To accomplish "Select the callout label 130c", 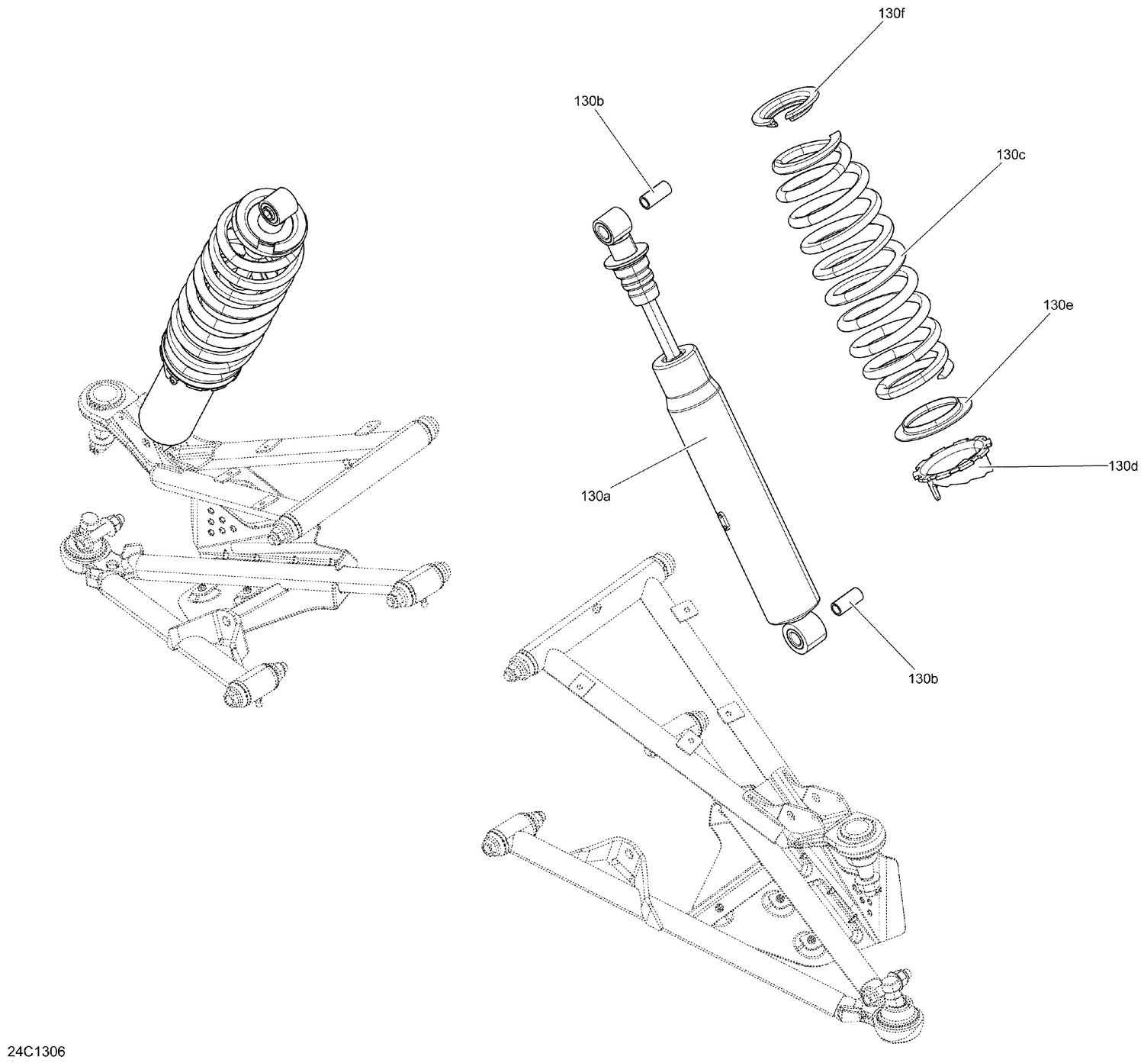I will click(1010, 155).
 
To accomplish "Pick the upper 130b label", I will click(590, 101).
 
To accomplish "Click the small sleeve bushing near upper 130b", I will click(654, 194).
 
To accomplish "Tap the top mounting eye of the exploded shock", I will click(610, 227).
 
